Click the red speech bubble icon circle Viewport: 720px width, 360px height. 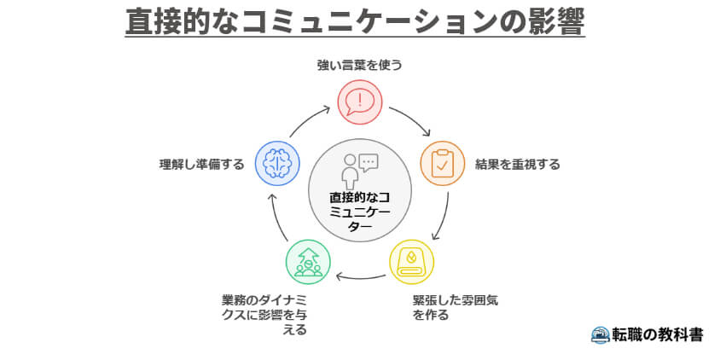360,102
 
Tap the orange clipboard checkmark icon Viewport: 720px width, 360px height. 442,164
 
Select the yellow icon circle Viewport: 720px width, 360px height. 411,261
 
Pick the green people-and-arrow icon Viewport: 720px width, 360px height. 308,261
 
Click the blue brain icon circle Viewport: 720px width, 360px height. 278,164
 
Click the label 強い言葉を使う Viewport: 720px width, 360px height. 359,65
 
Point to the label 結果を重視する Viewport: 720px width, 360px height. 518,165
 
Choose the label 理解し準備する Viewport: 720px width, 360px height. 201,165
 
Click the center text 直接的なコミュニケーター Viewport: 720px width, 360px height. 359,212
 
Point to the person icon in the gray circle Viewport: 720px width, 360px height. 349,171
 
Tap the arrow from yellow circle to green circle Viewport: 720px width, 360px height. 359,276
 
